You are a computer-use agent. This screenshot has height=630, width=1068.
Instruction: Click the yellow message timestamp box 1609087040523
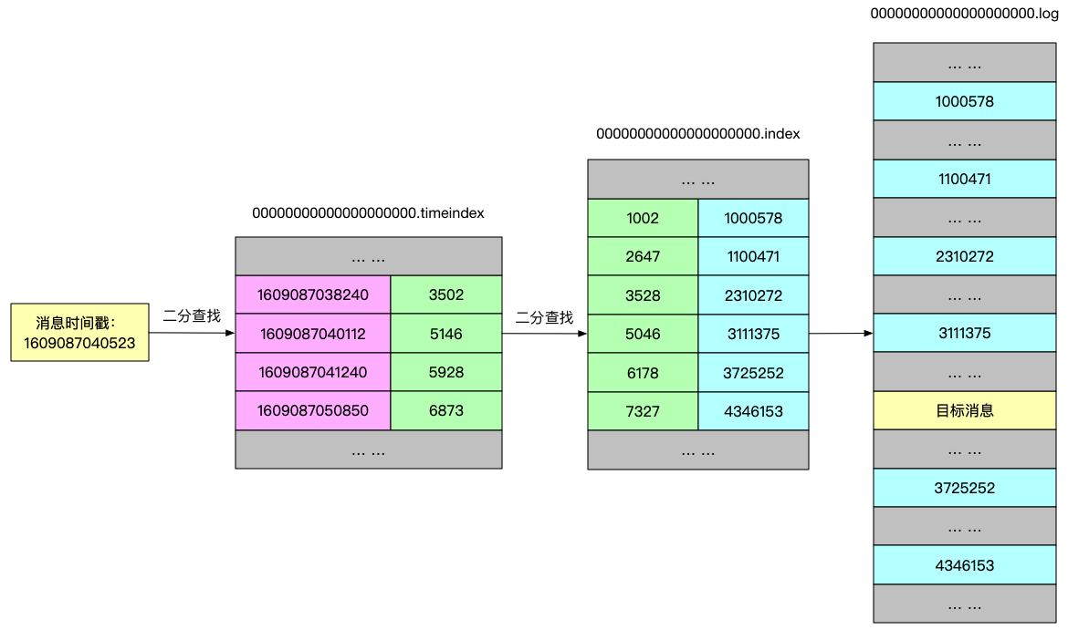pos(79,333)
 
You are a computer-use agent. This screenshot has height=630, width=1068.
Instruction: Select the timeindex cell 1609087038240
pos(313,294)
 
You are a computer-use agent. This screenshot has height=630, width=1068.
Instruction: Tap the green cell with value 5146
pos(446,334)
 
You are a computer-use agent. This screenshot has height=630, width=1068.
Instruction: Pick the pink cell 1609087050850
pos(313,410)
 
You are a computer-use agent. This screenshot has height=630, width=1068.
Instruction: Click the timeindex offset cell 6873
pos(446,410)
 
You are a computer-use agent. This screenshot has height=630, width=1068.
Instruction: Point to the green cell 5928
pos(446,372)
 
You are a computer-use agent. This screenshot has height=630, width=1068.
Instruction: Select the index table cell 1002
pos(643,218)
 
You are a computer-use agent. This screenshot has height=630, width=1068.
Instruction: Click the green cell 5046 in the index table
pos(643,334)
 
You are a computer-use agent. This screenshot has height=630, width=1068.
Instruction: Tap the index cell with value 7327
pos(643,411)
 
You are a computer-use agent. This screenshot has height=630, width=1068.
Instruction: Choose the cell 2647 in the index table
pos(643,257)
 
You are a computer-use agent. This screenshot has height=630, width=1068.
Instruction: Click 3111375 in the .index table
pos(753,334)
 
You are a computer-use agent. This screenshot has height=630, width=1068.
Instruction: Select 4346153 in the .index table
pos(753,411)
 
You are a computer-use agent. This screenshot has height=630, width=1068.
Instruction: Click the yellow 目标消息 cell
pos(965,410)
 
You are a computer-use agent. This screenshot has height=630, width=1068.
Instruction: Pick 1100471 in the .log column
pos(965,179)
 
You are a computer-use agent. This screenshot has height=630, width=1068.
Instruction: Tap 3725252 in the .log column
pos(965,488)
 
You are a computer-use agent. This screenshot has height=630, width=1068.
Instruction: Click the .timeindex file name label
pos(368,212)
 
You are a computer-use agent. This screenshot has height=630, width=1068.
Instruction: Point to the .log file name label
pos(965,14)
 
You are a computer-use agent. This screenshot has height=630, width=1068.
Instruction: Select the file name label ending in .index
pos(698,133)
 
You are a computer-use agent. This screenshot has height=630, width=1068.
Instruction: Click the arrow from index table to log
pos(841,334)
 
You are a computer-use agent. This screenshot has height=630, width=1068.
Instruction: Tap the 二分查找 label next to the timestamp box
pos(192,316)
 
